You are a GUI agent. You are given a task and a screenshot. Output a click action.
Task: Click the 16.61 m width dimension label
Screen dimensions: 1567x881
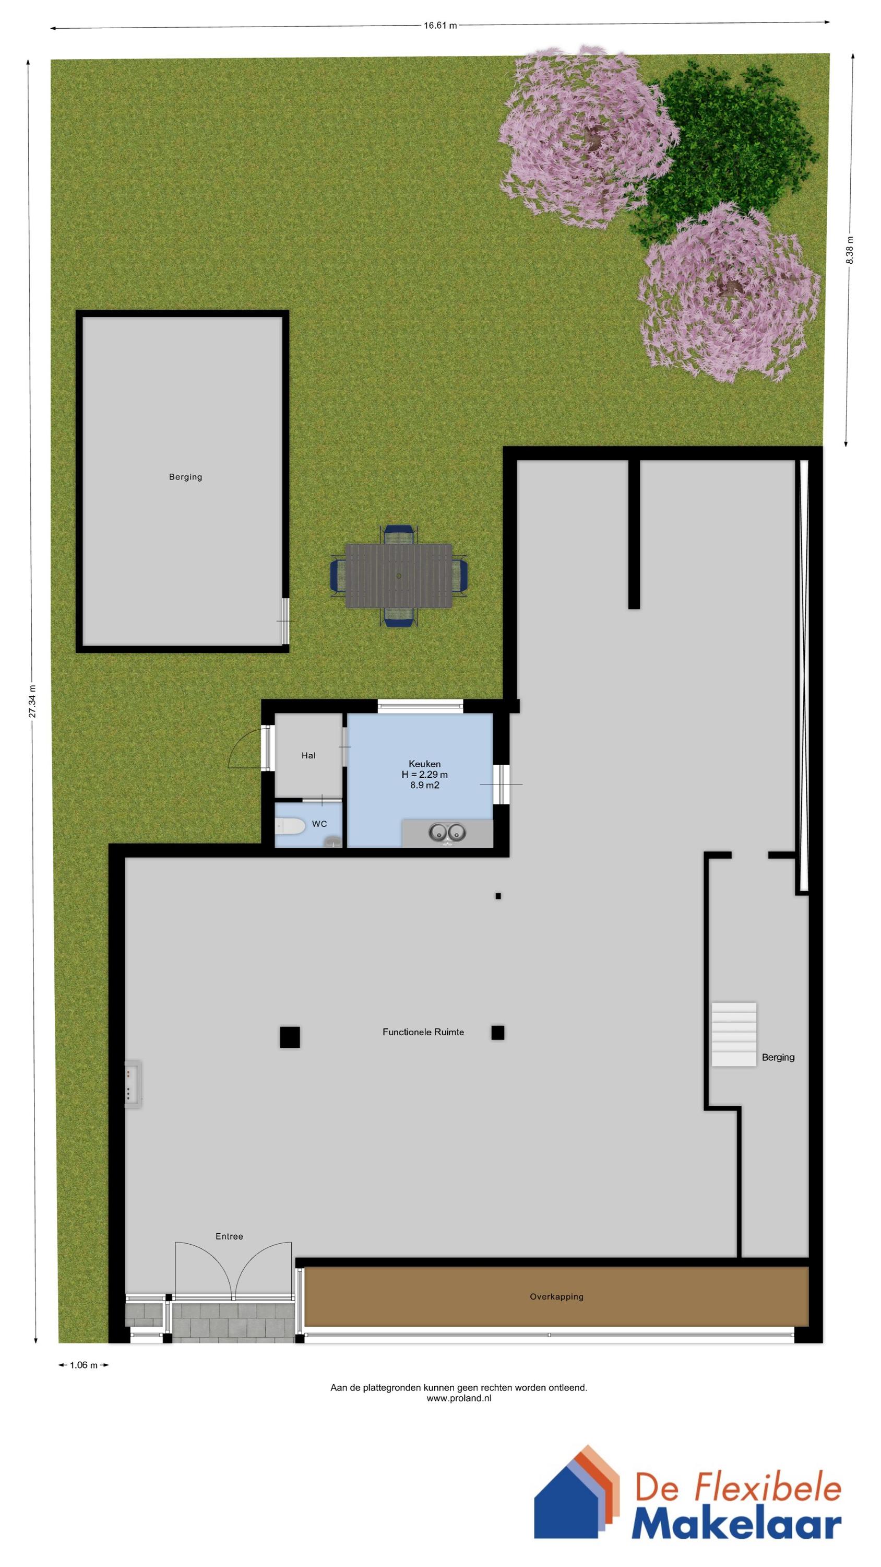tap(440, 26)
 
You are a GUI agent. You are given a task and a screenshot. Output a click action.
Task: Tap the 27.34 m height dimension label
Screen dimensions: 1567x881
tap(33, 701)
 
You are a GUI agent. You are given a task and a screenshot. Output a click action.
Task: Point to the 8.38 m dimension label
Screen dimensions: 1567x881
tap(850, 250)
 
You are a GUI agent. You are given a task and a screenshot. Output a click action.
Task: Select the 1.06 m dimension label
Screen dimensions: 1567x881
tap(84, 1365)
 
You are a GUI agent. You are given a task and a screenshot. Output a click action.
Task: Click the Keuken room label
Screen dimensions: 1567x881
tap(424, 764)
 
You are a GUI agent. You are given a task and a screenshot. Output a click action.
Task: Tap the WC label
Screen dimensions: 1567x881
tap(319, 824)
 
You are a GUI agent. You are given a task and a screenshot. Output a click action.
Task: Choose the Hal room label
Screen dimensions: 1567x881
tap(308, 755)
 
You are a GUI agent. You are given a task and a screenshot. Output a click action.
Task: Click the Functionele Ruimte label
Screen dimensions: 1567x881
tap(423, 1032)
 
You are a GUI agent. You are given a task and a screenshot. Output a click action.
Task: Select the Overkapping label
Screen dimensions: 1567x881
tap(556, 1296)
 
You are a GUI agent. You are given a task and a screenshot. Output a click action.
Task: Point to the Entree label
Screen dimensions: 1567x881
tap(229, 1236)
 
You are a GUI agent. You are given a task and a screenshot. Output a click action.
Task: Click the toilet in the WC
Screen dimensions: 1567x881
tap(290, 826)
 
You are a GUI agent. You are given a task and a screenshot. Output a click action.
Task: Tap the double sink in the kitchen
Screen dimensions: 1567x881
tap(447, 832)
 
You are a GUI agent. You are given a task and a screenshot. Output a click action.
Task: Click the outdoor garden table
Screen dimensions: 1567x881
tap(399, 576)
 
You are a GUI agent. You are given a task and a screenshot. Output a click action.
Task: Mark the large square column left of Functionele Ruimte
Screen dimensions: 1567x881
tap(290, 1037)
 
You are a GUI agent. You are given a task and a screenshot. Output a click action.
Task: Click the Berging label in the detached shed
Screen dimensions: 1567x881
tap(185, 477)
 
